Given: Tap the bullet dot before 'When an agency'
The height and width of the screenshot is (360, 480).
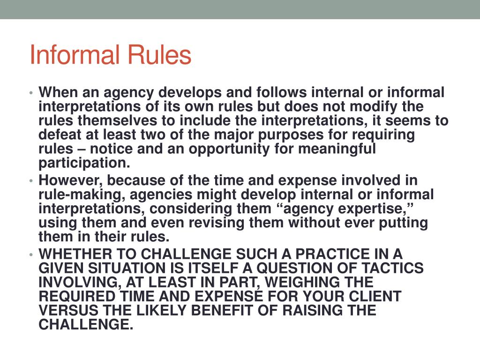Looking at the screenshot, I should click(x=31, y=93).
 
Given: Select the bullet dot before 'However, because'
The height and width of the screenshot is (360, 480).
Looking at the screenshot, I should click(x=31, y=181).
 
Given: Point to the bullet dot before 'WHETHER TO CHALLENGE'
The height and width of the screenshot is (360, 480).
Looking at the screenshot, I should click(x=31, y=255).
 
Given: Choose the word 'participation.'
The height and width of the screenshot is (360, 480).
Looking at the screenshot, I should click(x=84, y=163).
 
